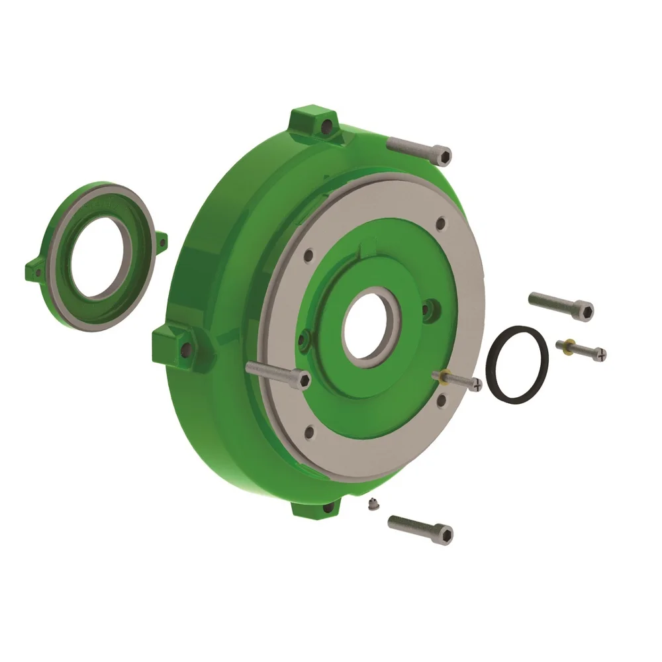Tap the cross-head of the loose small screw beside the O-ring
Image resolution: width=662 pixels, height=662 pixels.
click(600, 355)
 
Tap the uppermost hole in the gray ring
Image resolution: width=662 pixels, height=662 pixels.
click(438, 224)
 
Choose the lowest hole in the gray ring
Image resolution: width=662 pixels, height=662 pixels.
click(309, 433)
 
